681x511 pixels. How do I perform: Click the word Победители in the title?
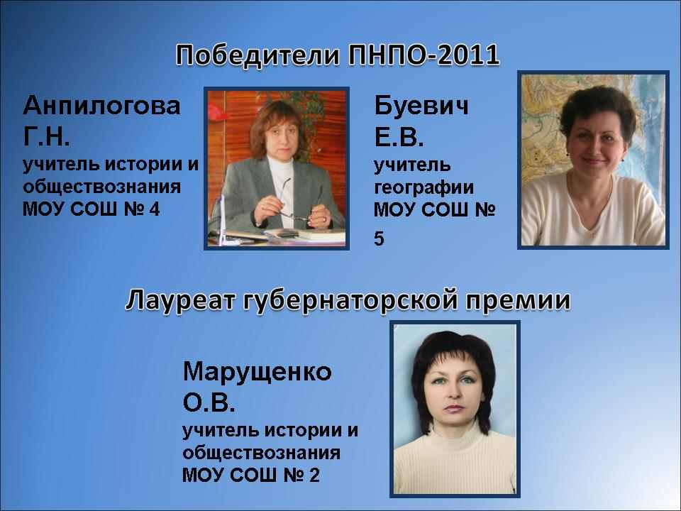258,55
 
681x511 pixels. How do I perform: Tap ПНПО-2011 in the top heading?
424,55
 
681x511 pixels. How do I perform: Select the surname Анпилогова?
101,106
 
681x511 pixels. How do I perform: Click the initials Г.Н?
46,136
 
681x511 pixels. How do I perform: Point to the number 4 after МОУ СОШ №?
154,209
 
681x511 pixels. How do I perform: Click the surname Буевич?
421,106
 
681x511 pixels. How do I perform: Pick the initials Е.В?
399,137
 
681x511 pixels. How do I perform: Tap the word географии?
424,187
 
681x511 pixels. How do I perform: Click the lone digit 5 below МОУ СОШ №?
379,238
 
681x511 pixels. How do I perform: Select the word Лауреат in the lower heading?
180,300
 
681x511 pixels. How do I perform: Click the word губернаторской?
350,301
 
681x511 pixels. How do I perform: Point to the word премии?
518,301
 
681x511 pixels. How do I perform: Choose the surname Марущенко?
257,373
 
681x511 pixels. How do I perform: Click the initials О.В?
209,403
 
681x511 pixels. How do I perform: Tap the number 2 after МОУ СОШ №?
314,475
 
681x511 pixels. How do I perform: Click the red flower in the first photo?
217,113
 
